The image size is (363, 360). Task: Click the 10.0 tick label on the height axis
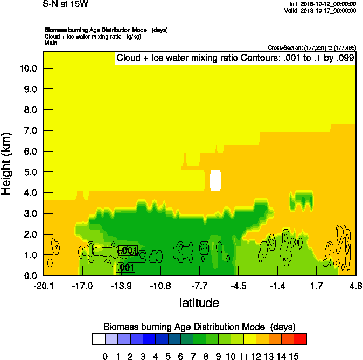click(x=27, y=68)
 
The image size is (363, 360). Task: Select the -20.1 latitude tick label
click(x=43, y=285)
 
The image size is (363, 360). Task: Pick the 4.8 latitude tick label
click(x=355, y=285)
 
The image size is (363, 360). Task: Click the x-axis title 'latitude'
click(x=199, y=303)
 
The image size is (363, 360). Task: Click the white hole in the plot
click(x=216, y=181)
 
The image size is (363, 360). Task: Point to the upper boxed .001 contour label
click(x=128, y=251)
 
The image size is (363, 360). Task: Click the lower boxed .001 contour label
click(x=125, y=267)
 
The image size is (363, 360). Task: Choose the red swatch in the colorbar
click(x=301, y=338)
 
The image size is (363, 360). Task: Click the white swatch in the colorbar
click(x=99, y=338)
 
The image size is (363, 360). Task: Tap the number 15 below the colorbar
click(x=294, y=356)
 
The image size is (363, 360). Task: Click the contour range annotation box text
click(x=235, y=58)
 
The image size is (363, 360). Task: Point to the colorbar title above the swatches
click(x=199, y=327)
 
